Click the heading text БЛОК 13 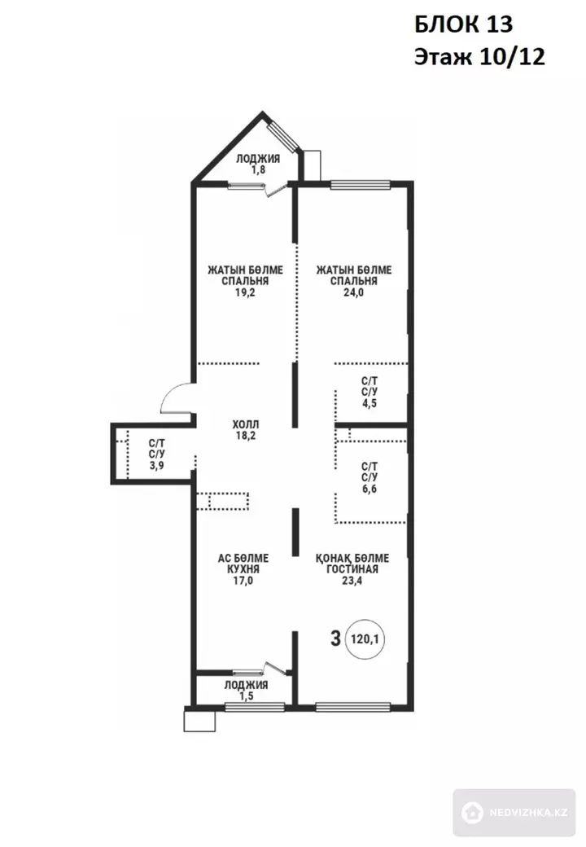click(x=464, y=25)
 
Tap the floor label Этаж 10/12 click(x=479, y=57)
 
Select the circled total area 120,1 click(x=365, y=639)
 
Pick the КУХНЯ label click(x=243, y=569)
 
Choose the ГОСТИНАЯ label click(x=352, y=569)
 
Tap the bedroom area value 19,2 click(x=245, y=292)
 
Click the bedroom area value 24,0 click(x=354, y=292)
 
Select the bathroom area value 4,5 click(x=370, y=403)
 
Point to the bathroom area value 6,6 click(x=370, y=489)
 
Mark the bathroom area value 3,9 click(x=157, y=466)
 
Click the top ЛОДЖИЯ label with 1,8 click(x=258, y=165)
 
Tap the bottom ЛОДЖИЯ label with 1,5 click(x=246, y=691)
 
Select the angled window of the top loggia click(x=284, y=135)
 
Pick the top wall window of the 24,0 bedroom click(x=361, y=185)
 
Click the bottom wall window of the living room click(x=353, y=706)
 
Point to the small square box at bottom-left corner click(x=199, y=721)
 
